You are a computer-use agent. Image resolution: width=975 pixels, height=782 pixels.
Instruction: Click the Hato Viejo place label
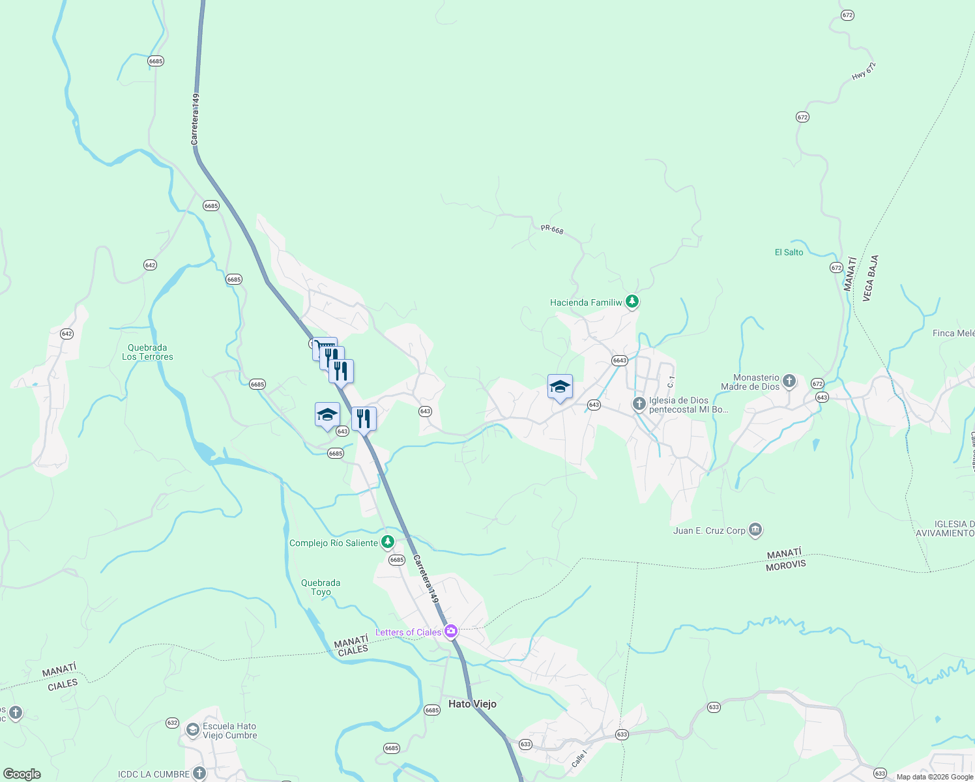pos(472,704)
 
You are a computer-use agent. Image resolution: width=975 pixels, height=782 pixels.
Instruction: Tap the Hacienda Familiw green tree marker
pos(632,302)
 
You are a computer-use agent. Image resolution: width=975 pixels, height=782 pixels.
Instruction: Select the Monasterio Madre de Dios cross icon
pos(789,381)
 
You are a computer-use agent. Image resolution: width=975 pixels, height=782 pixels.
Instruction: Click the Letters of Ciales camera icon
pos(450,631)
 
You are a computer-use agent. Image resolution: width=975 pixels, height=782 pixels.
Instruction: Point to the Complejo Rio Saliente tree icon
pos(388,542)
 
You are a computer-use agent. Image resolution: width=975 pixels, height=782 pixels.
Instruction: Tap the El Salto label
pos(789,252)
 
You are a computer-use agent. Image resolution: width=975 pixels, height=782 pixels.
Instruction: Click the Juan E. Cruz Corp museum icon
pos(755,530)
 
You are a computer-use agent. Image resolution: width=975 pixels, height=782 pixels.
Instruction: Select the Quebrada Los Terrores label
pos(147,352)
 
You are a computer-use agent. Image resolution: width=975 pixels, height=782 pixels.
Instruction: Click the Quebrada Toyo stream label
pos(321,587)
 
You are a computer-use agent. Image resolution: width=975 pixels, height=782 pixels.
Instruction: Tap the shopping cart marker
pos(324,348)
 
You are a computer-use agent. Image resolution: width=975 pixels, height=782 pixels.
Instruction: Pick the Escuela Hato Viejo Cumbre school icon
pos(192,729)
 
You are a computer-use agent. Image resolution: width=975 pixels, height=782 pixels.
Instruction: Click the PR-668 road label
pos(551,229)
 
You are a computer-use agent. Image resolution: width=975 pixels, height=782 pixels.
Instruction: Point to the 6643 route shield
pos(619,360)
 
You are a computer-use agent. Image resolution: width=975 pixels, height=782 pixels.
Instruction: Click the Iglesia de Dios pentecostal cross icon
pos(639,404)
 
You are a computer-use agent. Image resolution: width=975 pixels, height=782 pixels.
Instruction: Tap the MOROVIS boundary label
pos(785,565)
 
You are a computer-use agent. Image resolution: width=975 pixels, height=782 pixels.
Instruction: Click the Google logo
pos(22,774)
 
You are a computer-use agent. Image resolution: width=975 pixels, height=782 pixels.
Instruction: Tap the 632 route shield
pos(172,723)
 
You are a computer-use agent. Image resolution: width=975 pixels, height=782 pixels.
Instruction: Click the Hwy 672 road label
pos(864,71)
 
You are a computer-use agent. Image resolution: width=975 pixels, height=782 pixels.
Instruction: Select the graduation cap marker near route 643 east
pos(560,387)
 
